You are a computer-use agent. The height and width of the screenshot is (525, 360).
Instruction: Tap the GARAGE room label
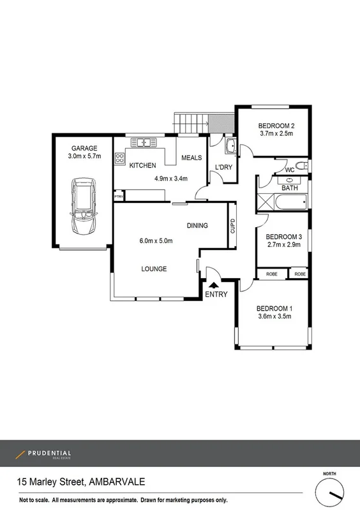(x=84, y=148)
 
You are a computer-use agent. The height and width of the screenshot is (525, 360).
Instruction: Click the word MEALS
(x=191, y=158)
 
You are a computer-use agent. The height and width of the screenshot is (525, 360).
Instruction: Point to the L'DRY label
(x=223, y=167)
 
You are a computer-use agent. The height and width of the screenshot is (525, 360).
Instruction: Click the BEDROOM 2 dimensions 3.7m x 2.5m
(x=276, y=134)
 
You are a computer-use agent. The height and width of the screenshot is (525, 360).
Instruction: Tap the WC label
(x=290, y=170)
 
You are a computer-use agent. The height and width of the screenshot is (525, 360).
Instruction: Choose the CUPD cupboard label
(x=232, y=226)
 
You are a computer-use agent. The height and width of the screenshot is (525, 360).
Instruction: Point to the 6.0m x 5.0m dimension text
(x=156, y=240)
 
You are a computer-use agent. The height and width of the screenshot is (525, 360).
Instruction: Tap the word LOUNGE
(x=154, y=269)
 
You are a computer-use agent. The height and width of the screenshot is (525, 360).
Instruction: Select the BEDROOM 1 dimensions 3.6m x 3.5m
(x=276, y=316)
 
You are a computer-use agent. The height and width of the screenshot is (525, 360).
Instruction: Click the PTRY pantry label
(x=118, y=197)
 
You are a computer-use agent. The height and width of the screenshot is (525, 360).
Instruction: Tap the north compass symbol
(x=329, y=492)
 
